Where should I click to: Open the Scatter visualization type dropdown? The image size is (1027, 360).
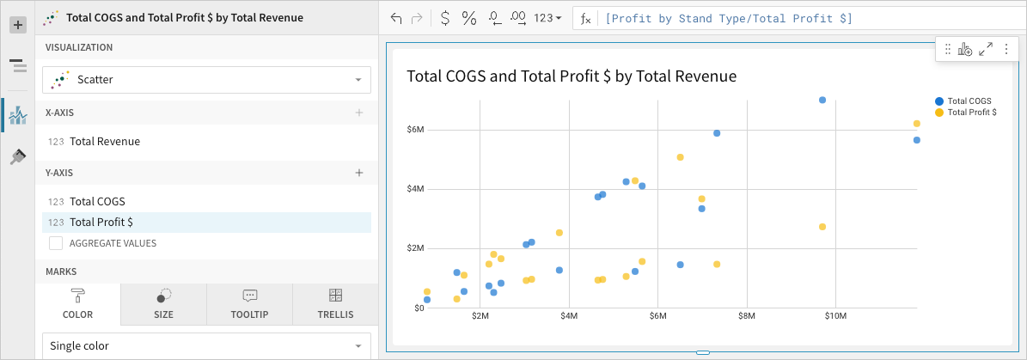click(x=206, y=80)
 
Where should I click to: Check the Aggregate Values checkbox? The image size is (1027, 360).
click(x=56, y=243)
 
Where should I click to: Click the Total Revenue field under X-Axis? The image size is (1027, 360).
click(x=105, y=142)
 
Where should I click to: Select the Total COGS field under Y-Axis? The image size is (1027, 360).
click(x=97, y=202)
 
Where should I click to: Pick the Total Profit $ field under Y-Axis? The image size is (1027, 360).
click(x=101, y=223)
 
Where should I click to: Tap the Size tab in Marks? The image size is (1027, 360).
click(x=163, y=304)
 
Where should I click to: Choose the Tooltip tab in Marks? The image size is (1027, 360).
click(x=249, y=304)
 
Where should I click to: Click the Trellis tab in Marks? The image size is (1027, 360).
click(x=335, y=304)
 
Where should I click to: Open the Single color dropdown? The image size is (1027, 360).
click(x=206, y=346)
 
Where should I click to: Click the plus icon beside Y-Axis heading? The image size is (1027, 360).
click(x=359, y=173)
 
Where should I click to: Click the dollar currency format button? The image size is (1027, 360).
click(x=444, y=18)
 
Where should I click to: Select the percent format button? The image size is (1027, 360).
click(x=469, y=18)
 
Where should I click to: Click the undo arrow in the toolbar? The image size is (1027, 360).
click(x=396, y=18)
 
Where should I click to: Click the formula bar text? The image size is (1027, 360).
click(x=729, y=18)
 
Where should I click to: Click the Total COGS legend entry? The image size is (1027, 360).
click(x=969, y=101)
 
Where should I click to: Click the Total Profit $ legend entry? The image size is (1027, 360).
click(x=971, y=113)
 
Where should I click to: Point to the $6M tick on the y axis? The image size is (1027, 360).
click(x=415, y=130)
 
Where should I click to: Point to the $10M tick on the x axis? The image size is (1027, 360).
click(x=835, y=317)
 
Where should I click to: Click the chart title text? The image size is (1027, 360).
click(x=572, y=76)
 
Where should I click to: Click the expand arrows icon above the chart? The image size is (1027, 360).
click(x=986, y=50)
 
